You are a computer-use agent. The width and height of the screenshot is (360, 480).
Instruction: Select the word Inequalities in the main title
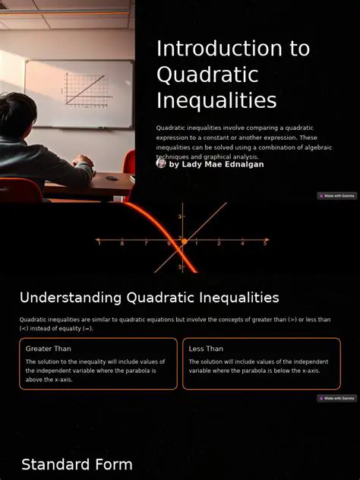coord(216,100)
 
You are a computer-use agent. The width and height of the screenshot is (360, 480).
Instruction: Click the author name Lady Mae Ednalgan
coord(216,164)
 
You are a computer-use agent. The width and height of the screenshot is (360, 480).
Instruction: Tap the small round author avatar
coord(161,163)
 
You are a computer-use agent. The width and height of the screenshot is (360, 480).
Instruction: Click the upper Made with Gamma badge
coord(336,196)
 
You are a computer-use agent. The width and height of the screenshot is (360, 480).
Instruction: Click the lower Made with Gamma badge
coord(336,398)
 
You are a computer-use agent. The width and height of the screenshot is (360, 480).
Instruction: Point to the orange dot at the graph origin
coord(183,242)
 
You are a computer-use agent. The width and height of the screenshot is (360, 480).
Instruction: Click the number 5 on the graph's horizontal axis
coord(265,244)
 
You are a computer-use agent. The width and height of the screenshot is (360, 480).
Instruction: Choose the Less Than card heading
coord(206,349)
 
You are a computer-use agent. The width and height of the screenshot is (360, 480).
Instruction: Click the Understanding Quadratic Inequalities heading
coord(149,298)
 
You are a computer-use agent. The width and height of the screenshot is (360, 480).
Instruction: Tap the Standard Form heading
coord(77,465)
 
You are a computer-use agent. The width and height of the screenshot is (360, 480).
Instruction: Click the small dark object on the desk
coord(112,178)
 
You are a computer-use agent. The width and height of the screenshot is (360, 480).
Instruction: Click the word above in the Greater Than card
coord(34,379)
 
